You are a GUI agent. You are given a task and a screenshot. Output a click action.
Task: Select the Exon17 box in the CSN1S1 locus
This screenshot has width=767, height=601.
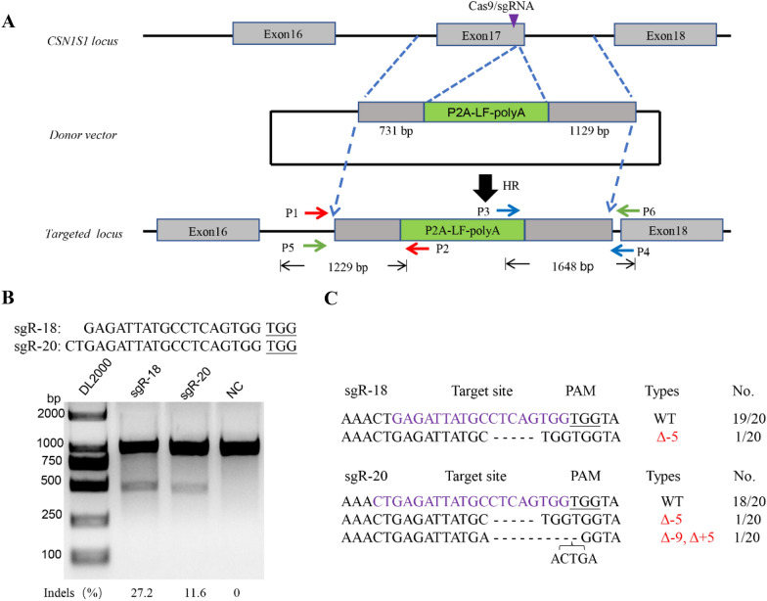480,35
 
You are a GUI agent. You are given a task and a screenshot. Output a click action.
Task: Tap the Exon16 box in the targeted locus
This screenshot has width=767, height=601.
207,231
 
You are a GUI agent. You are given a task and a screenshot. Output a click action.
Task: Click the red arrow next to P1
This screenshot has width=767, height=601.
316,210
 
